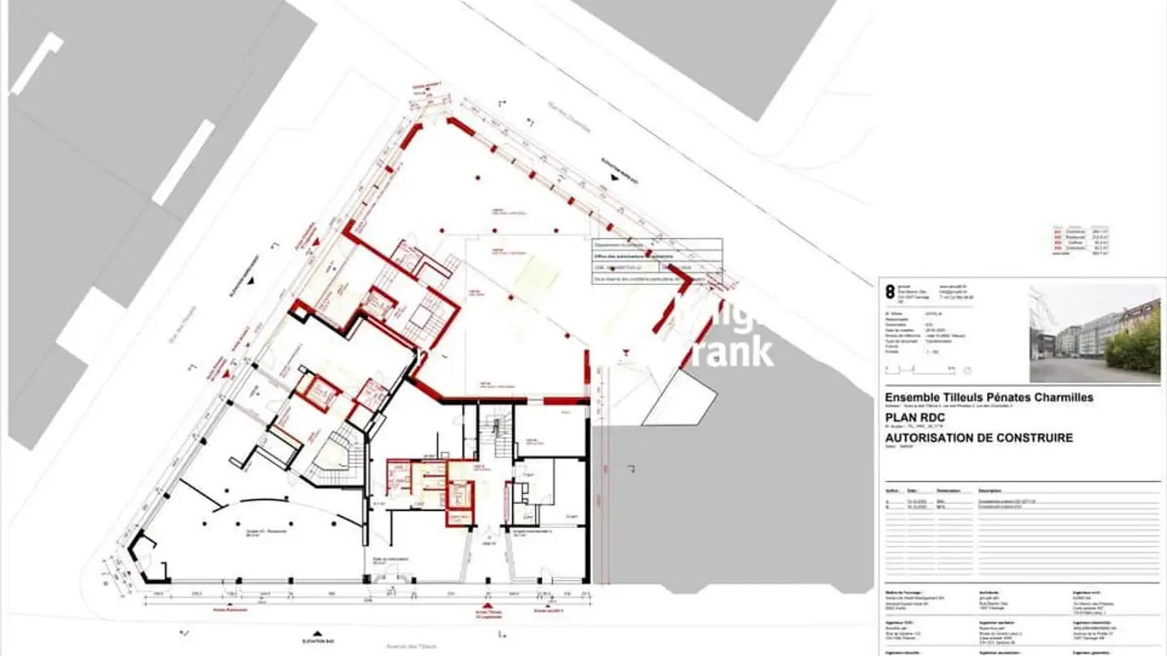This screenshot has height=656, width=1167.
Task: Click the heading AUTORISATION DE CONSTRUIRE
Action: [x=979, y=438]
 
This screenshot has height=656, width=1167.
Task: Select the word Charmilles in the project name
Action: [x=1062, y=398]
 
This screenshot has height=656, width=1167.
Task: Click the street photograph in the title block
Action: [x=1094, y=333]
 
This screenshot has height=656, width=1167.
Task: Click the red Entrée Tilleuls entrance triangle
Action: [x=487, y=604]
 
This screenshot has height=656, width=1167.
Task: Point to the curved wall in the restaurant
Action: [x=267, y=509]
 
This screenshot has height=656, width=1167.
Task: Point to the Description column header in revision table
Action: [x=990, y=490]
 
